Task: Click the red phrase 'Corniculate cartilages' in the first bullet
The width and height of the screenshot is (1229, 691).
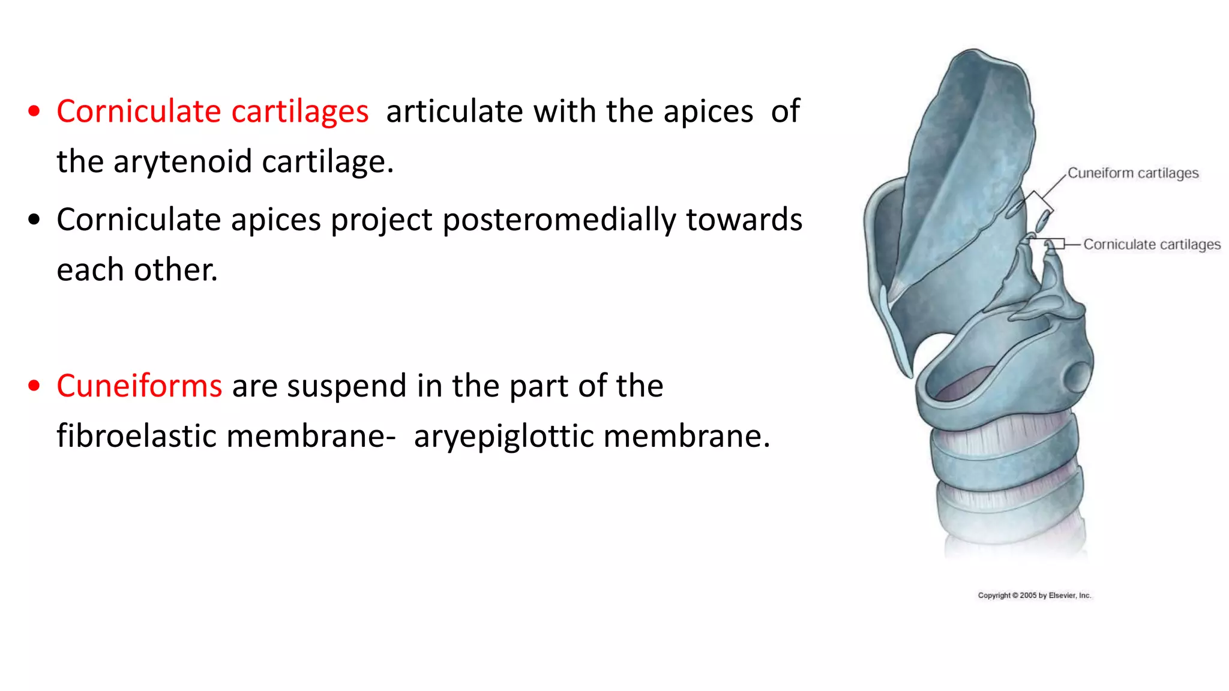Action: [212, 112]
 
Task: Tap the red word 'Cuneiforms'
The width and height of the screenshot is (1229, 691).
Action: [139, 386]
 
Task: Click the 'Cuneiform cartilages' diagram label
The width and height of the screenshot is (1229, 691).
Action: [1133, 173]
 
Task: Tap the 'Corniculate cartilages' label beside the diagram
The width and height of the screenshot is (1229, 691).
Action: [1152, 245]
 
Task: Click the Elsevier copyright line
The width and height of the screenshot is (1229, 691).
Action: [1034, 596]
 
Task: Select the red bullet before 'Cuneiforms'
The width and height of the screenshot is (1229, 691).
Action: [34, 386]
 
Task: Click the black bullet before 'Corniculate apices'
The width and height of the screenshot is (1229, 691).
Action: [34, 220]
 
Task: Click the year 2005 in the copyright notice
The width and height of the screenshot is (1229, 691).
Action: [1028, 596]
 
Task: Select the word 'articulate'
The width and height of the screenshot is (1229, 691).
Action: [454, 112]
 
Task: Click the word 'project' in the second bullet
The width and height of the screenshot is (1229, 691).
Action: [381, 220]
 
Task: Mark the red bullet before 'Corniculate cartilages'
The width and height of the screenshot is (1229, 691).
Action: [34, 112]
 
